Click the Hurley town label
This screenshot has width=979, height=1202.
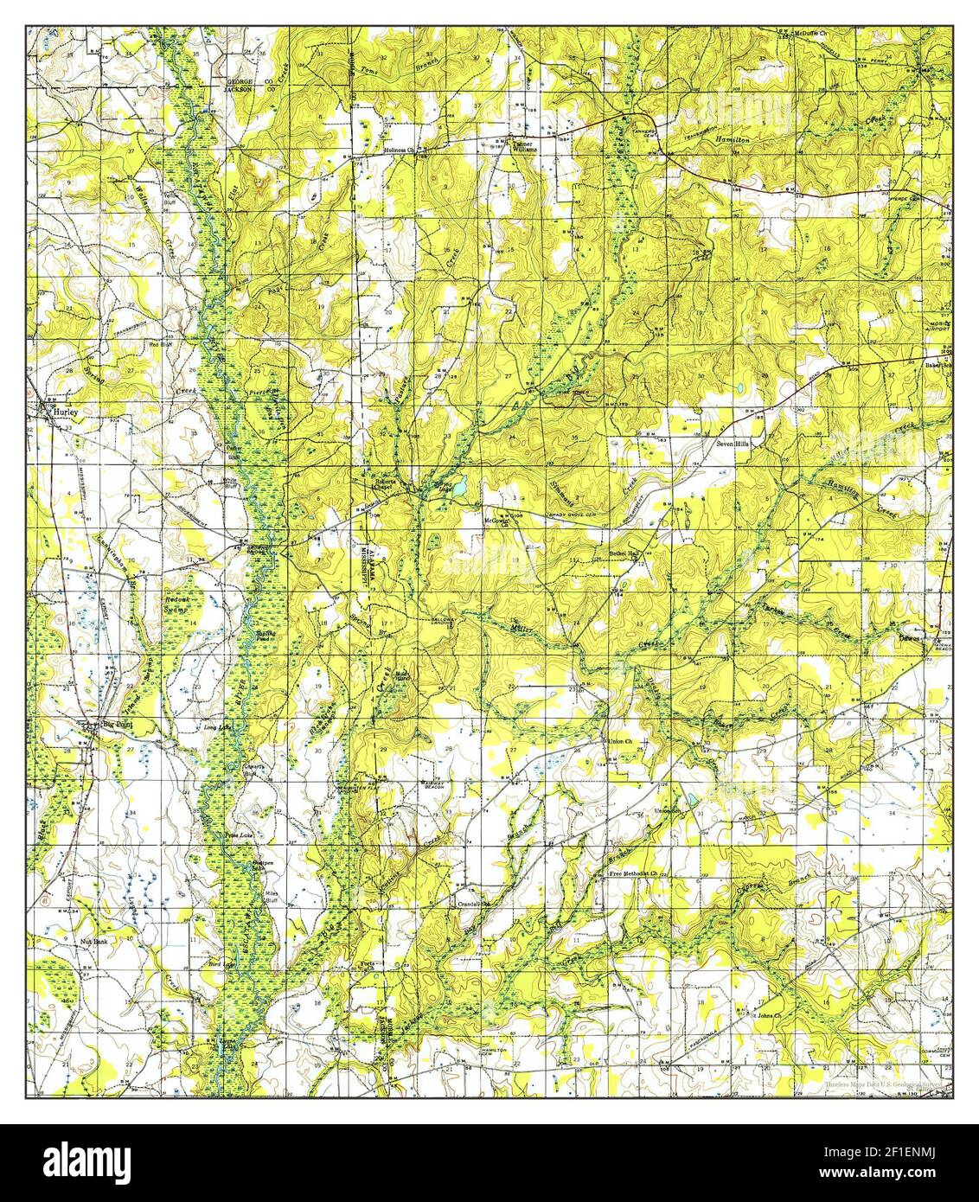tap(66, 413)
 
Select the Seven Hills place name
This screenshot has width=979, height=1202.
tap(734, 444)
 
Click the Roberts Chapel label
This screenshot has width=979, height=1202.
tap(383, 484)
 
